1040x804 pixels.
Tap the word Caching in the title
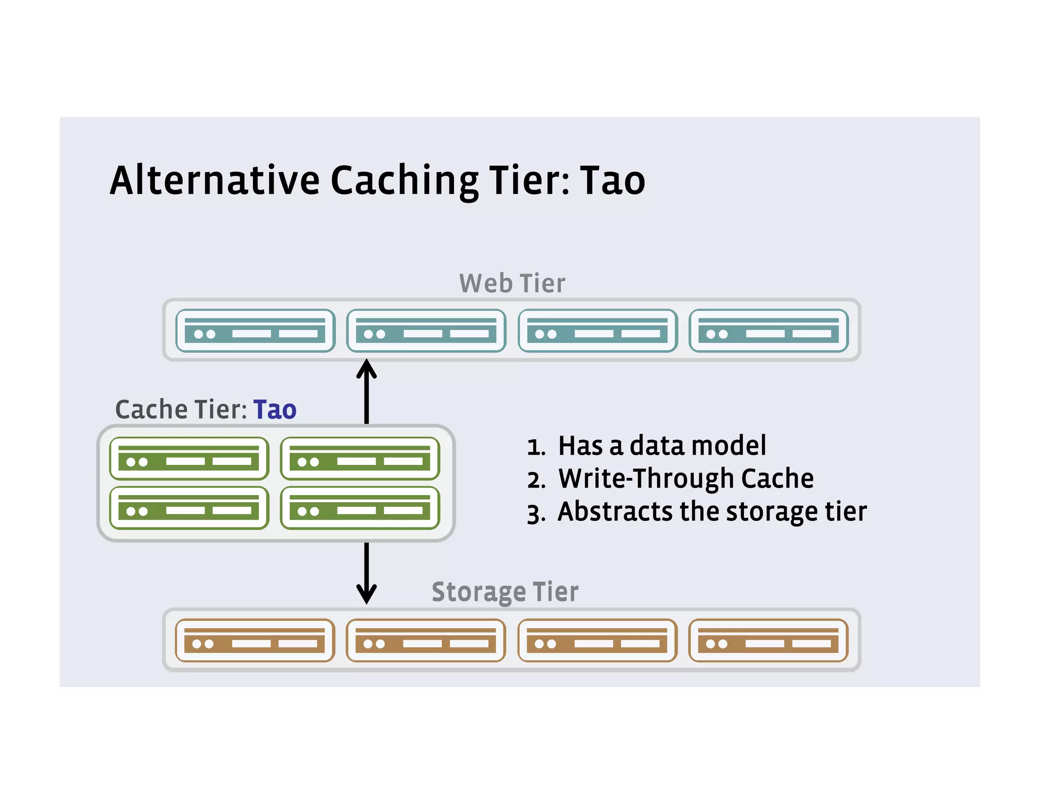click(404, 182)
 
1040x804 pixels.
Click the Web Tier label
click(512, 284)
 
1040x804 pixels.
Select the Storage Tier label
click(505, 592)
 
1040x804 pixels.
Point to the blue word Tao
click(275, 410)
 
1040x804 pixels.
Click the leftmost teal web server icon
click(255, 331)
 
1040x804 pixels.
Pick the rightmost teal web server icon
click(768, 331)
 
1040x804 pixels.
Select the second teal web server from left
click(426, 331)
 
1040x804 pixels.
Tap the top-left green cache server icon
click(189, 458)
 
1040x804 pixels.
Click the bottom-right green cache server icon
click(360, 508)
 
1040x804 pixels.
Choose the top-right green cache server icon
click(360, 458)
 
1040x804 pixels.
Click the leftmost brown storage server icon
click(255, 640)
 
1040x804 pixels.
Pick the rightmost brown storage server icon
click(768, 640)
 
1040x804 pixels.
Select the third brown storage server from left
click(597, 640)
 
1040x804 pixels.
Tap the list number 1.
click(536, 447)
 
